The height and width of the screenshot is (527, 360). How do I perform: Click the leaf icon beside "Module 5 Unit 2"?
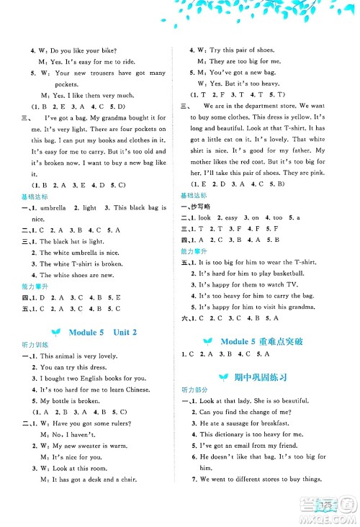click(58, 332)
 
